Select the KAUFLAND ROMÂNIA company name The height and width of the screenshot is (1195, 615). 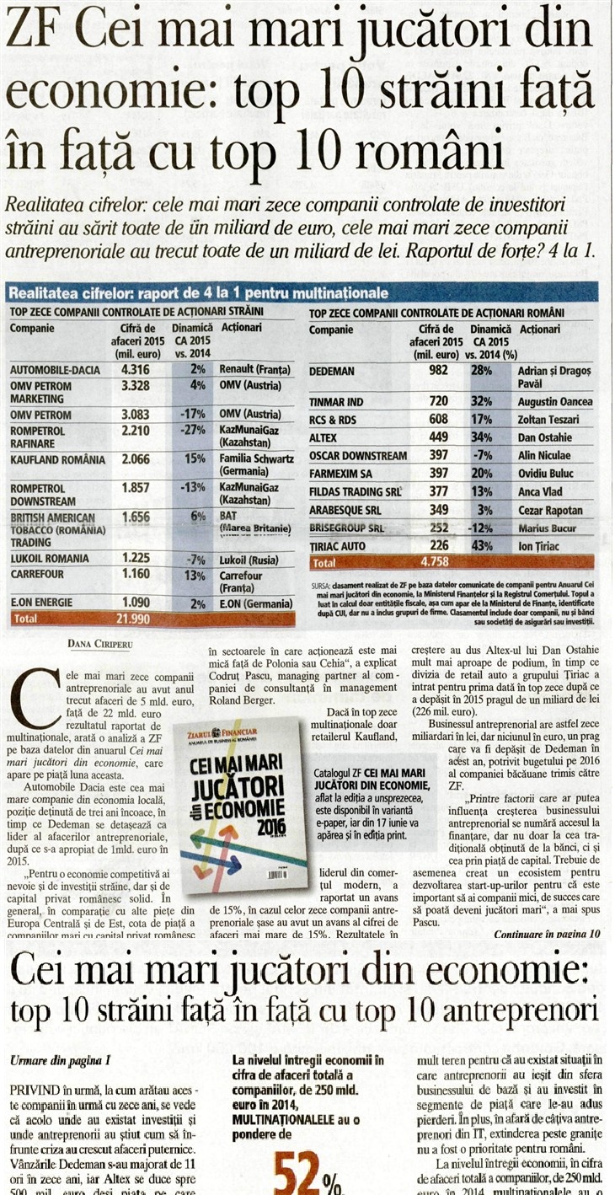point(58,460)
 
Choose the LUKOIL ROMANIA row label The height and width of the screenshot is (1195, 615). point(50,558)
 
